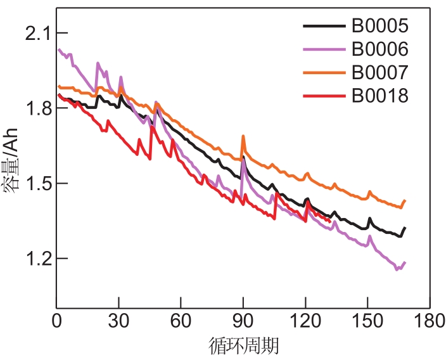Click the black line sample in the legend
tap(324, 26)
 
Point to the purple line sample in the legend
tap(324, 49)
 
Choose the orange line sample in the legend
tap(324, 72)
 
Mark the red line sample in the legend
tap(324, 96)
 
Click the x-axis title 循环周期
tap(244, 346)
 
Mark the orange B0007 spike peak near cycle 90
tap(243, 136)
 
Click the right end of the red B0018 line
tap(329, 221)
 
